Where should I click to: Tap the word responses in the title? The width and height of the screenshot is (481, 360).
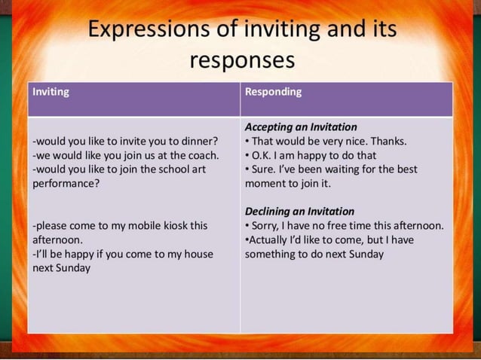click(x=240, y=60)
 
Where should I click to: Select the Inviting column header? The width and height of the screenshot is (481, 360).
click(x=51, y=92)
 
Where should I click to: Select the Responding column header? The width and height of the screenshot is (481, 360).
click(x=273, y=92)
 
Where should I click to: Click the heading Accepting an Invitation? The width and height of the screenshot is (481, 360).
click(x=301, y=127)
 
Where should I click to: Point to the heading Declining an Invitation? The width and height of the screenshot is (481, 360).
click(x=299, y=212)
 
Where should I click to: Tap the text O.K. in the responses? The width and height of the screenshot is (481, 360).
click(x=263, y=155)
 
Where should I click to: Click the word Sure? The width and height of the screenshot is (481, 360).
click(x=265, y=169)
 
